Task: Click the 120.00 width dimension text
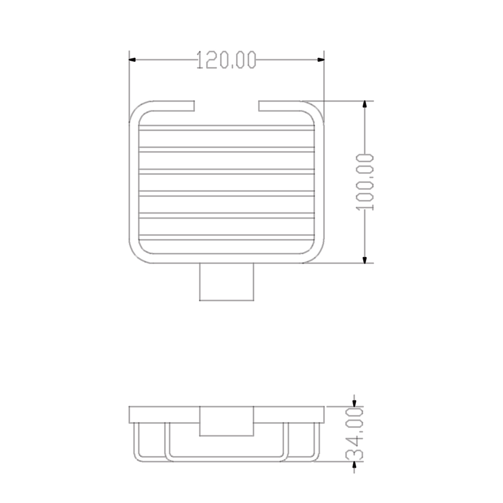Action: click(x=226, y=60)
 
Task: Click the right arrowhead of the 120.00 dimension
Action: click(x=321, y=60)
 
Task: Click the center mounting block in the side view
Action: click(x=226, y=421)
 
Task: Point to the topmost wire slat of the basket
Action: click(x=226, y=128)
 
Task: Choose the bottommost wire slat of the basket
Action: click(x=226, y=237)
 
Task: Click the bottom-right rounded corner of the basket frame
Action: click(x=316, y=255)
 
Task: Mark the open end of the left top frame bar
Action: click(x=193, y=106)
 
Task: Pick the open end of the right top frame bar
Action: click(x=260, y=106)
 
